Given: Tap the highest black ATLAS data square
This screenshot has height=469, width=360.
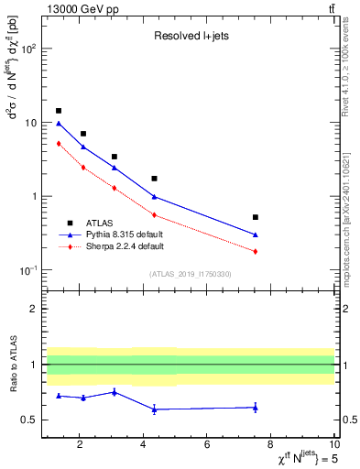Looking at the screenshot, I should click(x=59, y=111).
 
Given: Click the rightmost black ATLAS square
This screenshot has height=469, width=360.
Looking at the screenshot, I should click(x=255, y=217).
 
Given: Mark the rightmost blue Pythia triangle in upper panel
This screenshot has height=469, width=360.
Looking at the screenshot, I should click(x=255, y=234).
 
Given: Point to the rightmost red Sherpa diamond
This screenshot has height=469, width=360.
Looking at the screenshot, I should click(x=255, y=251).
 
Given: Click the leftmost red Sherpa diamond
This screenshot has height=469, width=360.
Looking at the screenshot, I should click(x=59, y=143).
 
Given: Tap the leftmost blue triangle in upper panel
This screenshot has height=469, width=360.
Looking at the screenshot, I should click(x=59, y=123).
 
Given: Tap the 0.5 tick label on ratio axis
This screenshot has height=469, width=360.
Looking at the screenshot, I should click(x=27, y=420).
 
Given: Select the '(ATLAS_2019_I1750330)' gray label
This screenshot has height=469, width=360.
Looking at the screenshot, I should click(x=189, y=273).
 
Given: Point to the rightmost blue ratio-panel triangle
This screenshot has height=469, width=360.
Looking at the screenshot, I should click(x=255, y=407).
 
